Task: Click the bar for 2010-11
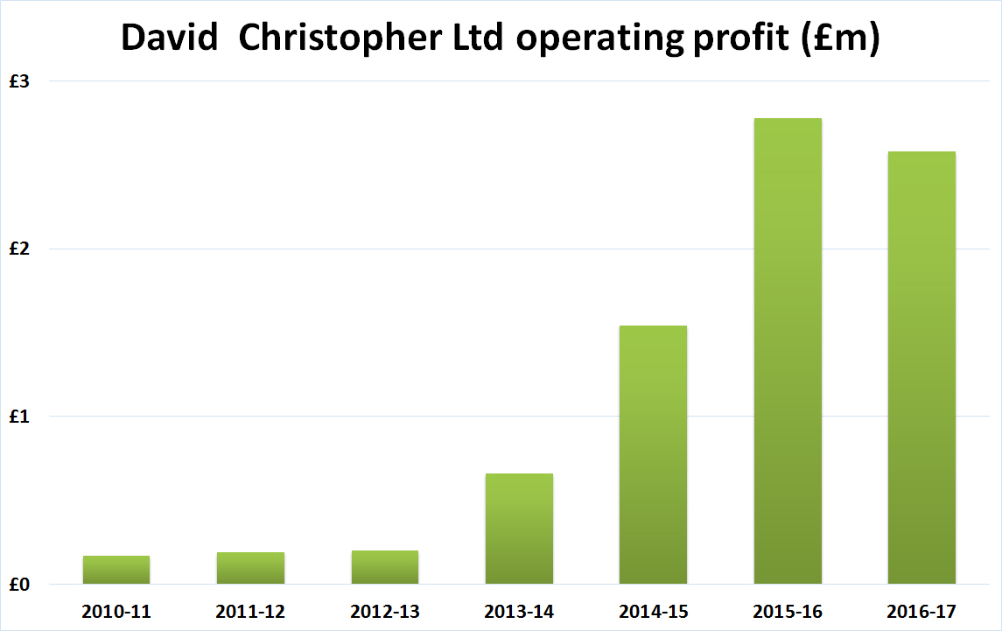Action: click(116, 570)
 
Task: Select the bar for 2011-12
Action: click(251, 568)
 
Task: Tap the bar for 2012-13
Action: click(385, 567)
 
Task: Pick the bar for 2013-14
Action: click(519, 529)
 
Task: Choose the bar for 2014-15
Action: click(653, 455)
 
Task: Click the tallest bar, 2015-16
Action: click(788, 351)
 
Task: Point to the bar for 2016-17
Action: click(921, 368)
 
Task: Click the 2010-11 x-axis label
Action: click(116, 611)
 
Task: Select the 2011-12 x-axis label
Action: click(251, 611)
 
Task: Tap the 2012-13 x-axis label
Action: click(385, 611)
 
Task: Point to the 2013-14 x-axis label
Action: click(519, 611)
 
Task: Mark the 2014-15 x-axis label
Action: click(653, 611)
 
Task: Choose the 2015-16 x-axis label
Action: click(788, 611)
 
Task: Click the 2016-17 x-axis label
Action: click(921, 611)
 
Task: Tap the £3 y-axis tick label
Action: click(19, 81)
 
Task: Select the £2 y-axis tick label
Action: click(19, 249)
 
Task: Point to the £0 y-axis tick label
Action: click(19, 585)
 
